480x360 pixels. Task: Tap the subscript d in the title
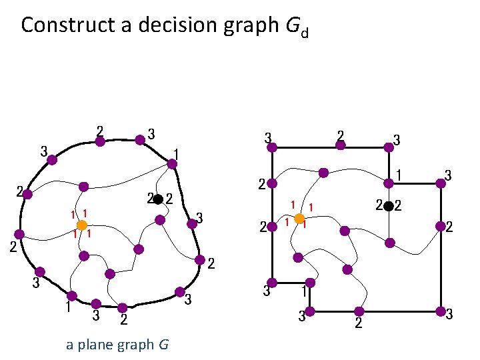click(x=304, y=32)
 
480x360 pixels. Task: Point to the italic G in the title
click(x=291, y=25)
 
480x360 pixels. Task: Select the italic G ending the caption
click(x=163, y=345)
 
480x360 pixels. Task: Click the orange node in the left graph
click(x=81, y=225)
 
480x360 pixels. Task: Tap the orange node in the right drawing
click(x=300, y=219)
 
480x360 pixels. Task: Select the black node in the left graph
click(x=159, y=199)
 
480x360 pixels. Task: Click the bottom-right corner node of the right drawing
click(x=440, y=311)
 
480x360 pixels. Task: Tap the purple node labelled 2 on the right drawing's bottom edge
click(x=359, y=311)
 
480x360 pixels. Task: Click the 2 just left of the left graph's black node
click(x=151, y=198)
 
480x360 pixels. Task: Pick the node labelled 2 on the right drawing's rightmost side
click(x=440, y=227)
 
